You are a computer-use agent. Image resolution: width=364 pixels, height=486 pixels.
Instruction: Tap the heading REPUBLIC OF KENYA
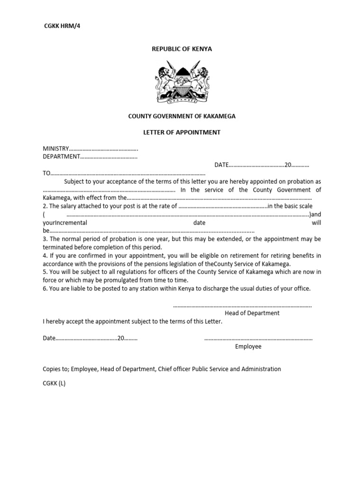tap(182, 49)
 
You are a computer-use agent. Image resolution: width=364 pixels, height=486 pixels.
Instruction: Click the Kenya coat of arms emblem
tap(182, 83)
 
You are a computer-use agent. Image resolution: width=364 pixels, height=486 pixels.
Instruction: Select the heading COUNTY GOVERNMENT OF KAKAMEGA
tap(182, 116)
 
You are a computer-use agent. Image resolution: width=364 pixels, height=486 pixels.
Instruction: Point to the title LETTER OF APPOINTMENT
tap(182, 132)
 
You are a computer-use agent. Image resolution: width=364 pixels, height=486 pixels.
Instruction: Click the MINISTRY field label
tap(56, 149)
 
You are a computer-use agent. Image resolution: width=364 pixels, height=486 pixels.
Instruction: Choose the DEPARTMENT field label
tap(61, 157)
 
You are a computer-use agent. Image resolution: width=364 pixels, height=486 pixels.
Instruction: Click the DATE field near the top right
tap(221, 165)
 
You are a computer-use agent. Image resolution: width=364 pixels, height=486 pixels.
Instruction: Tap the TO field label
tap(46, 174)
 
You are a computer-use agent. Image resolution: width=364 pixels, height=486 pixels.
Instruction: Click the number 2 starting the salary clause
tap(45, 206)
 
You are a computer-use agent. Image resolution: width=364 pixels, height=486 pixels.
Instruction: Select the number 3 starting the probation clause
tap(45, 239)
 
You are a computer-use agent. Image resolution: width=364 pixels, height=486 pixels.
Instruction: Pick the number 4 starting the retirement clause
tap(45, 256)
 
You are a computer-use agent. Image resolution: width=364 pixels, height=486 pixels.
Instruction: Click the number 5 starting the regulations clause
tap(45, 272)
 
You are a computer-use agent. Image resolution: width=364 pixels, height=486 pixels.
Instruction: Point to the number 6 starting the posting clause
tap(45, 289)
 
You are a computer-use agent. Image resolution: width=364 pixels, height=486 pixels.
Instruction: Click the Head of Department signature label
tap(252, 313)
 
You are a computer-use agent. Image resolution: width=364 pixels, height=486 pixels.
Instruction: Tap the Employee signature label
tap(248, 346)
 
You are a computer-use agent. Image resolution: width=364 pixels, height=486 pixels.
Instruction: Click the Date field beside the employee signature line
tap(49, 338)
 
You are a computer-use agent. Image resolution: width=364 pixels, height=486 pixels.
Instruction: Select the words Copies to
tap(56, 369)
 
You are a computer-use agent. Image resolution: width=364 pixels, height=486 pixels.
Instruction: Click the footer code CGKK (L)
tap(54, 383)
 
